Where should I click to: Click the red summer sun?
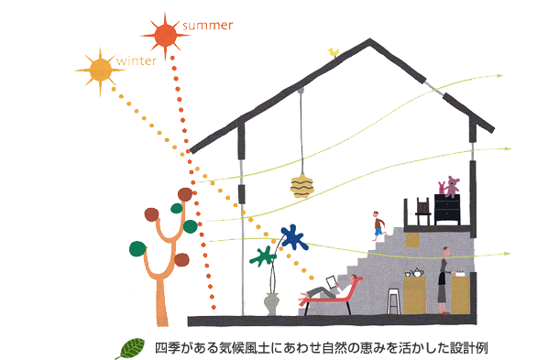[166, 36]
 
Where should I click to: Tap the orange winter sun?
[95, 67]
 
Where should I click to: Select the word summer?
[209, 22]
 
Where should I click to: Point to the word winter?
[135, 61]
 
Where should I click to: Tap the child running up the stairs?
[378, 224]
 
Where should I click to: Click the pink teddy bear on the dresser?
[450, 187]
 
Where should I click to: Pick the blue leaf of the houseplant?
[292, 238]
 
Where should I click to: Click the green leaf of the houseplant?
[263, 256]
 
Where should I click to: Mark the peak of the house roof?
[369, 40]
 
